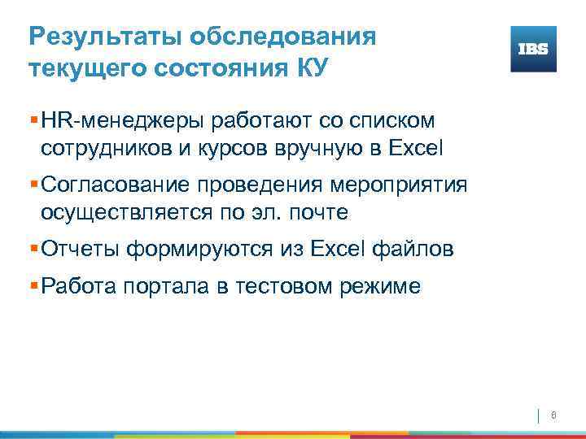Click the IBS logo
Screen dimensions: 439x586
(533, 49)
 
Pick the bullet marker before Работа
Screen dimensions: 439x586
(33, 285)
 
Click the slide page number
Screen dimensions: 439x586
(553, 415)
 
